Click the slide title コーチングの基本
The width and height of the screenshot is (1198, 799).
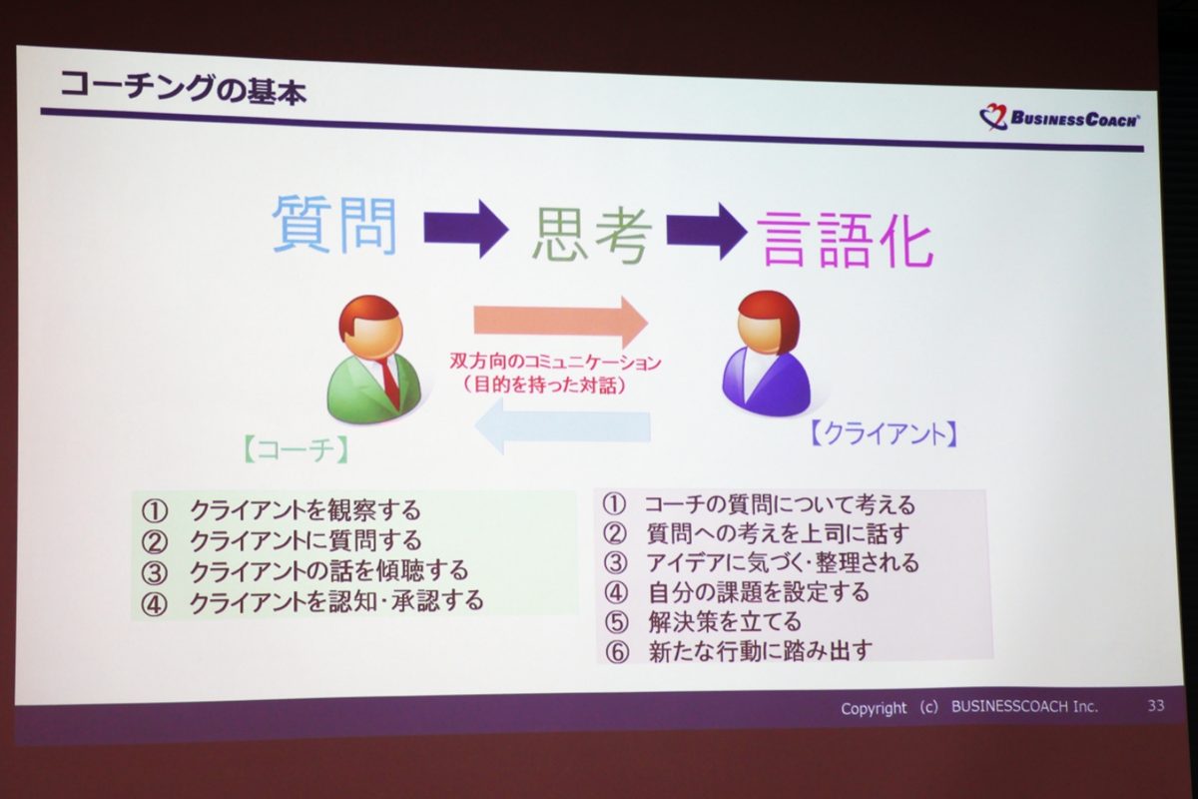click(x=183, y=88)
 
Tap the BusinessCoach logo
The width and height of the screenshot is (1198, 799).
click(x=1059, y=117)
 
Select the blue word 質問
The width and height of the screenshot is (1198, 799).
click(x=334, y=225)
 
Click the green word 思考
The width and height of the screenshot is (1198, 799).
click(x=592, y=236)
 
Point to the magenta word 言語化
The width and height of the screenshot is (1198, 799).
click(x=848, y=239)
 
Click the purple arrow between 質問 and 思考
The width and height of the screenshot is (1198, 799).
click(x=466, y=229)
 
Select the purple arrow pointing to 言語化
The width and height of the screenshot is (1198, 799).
click(x=707, y=231)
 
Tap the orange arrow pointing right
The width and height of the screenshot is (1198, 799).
click(x=561, y=323)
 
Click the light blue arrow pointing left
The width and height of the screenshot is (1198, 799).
click(x=563, y=426)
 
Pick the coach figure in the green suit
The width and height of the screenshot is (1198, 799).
click(x=373, y=360)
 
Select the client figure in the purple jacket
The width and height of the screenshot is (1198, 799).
click(x=766, y=354)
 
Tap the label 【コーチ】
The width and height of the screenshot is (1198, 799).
click(x=296, y=449)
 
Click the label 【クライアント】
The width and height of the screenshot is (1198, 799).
click(x=884, y=432)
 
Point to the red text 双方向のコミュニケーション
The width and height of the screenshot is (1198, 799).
click(x=555, y=362)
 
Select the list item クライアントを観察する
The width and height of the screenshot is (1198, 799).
click(x=305, y=510)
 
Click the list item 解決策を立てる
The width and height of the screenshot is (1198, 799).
click(x=725, y=621)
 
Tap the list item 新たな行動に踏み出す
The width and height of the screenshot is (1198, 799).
click(x=760, y=651)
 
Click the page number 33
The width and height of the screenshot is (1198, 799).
click(x=1156, y=705)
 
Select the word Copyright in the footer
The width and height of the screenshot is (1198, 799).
click(x=874, y=708)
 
